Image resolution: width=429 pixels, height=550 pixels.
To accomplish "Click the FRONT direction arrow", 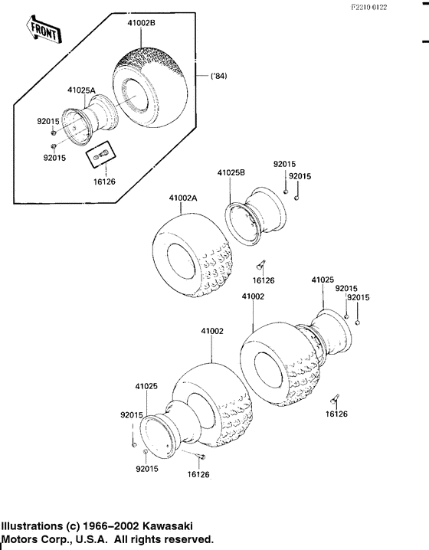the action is tap(44, 29).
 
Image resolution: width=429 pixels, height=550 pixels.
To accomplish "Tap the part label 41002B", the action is tap(141, 23).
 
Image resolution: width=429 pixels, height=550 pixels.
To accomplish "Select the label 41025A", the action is tap(81, 90).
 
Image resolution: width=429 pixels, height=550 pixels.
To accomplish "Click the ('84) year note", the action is tap(219, 76).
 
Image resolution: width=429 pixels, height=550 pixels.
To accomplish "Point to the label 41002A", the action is tap(183, 198).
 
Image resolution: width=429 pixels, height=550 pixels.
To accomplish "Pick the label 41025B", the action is tap(231, 172).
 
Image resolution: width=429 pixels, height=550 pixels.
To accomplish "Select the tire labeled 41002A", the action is tap(193, 255).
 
